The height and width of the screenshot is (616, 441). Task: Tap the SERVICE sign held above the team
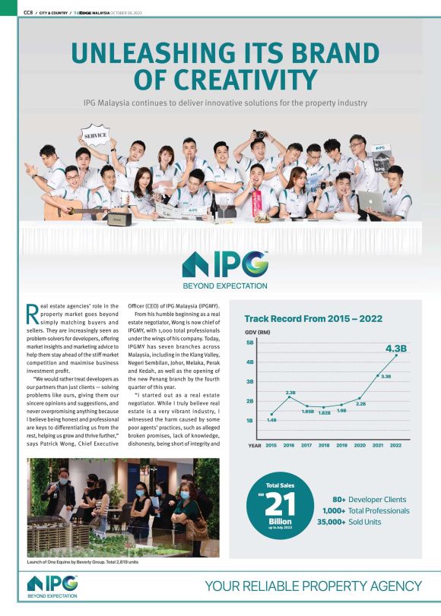coord(95,135)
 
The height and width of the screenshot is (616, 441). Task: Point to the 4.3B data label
coord(397,349)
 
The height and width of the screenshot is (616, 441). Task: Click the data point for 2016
coord(289,397)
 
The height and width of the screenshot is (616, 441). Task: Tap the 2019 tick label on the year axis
coord(342,445)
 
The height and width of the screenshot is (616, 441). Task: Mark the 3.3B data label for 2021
coord(385,377)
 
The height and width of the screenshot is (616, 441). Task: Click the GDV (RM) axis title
coord(259,333)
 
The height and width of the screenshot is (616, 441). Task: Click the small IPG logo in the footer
coord(52,586)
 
